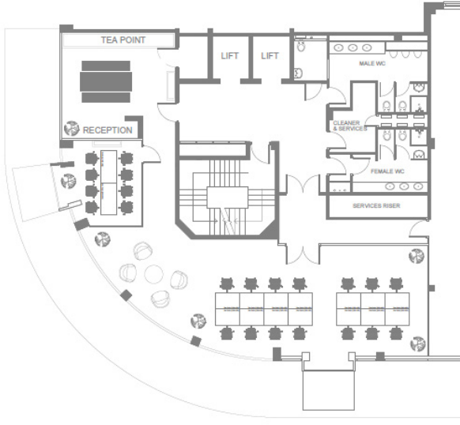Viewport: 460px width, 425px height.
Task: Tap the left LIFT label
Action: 229,56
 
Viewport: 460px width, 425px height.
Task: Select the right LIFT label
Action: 270,56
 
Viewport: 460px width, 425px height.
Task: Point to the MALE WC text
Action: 371,63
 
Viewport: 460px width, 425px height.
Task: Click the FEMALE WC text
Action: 387,171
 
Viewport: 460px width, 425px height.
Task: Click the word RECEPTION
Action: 107,130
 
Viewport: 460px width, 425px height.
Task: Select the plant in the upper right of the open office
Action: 416,256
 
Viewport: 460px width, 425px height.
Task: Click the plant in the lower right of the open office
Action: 417,343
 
